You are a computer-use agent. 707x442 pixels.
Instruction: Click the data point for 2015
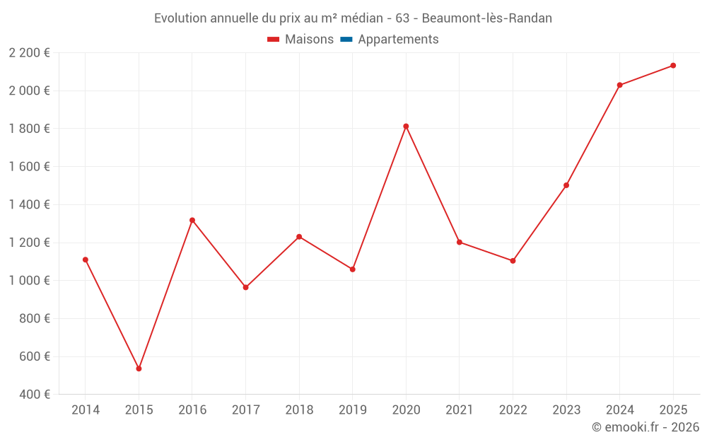coord(139,368)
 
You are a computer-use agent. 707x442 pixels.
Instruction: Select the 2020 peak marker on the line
coord(406,127)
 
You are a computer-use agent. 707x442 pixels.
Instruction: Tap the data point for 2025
coord(673,66)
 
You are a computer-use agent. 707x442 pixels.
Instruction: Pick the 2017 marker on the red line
coord(245,287)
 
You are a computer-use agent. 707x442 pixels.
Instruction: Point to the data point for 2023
coord(566,185)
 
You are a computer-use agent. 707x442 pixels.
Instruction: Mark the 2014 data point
coord(86,260)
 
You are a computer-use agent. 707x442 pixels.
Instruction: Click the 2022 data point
coord(513,261)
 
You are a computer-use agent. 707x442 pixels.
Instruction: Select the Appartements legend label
coord(398,40)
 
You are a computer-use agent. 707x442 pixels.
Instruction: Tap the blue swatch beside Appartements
coord(346,40)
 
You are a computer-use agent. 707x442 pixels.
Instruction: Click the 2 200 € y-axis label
coord(30,52)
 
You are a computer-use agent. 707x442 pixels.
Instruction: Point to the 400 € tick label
coord(34,394)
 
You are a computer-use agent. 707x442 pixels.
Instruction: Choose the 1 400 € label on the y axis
coord(30,204)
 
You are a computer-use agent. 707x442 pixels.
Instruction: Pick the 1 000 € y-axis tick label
coord(30,280)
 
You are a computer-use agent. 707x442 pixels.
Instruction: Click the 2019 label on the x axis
coord(352,410)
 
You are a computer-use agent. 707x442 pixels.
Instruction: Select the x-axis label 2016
coord(192,410)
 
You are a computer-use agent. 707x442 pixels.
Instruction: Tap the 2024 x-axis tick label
coord(619,410)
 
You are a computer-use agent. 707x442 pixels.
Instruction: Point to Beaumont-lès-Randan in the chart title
coord(487,18)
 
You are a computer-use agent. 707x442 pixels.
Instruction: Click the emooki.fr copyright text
coord(645,427)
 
